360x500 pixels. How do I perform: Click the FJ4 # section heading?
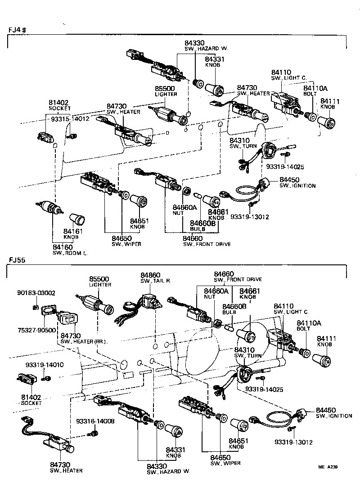click(x=18, y=30)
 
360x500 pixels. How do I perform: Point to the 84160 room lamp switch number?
click(x=62, y=247)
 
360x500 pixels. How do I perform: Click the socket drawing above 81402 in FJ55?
click(x=26, y=382)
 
